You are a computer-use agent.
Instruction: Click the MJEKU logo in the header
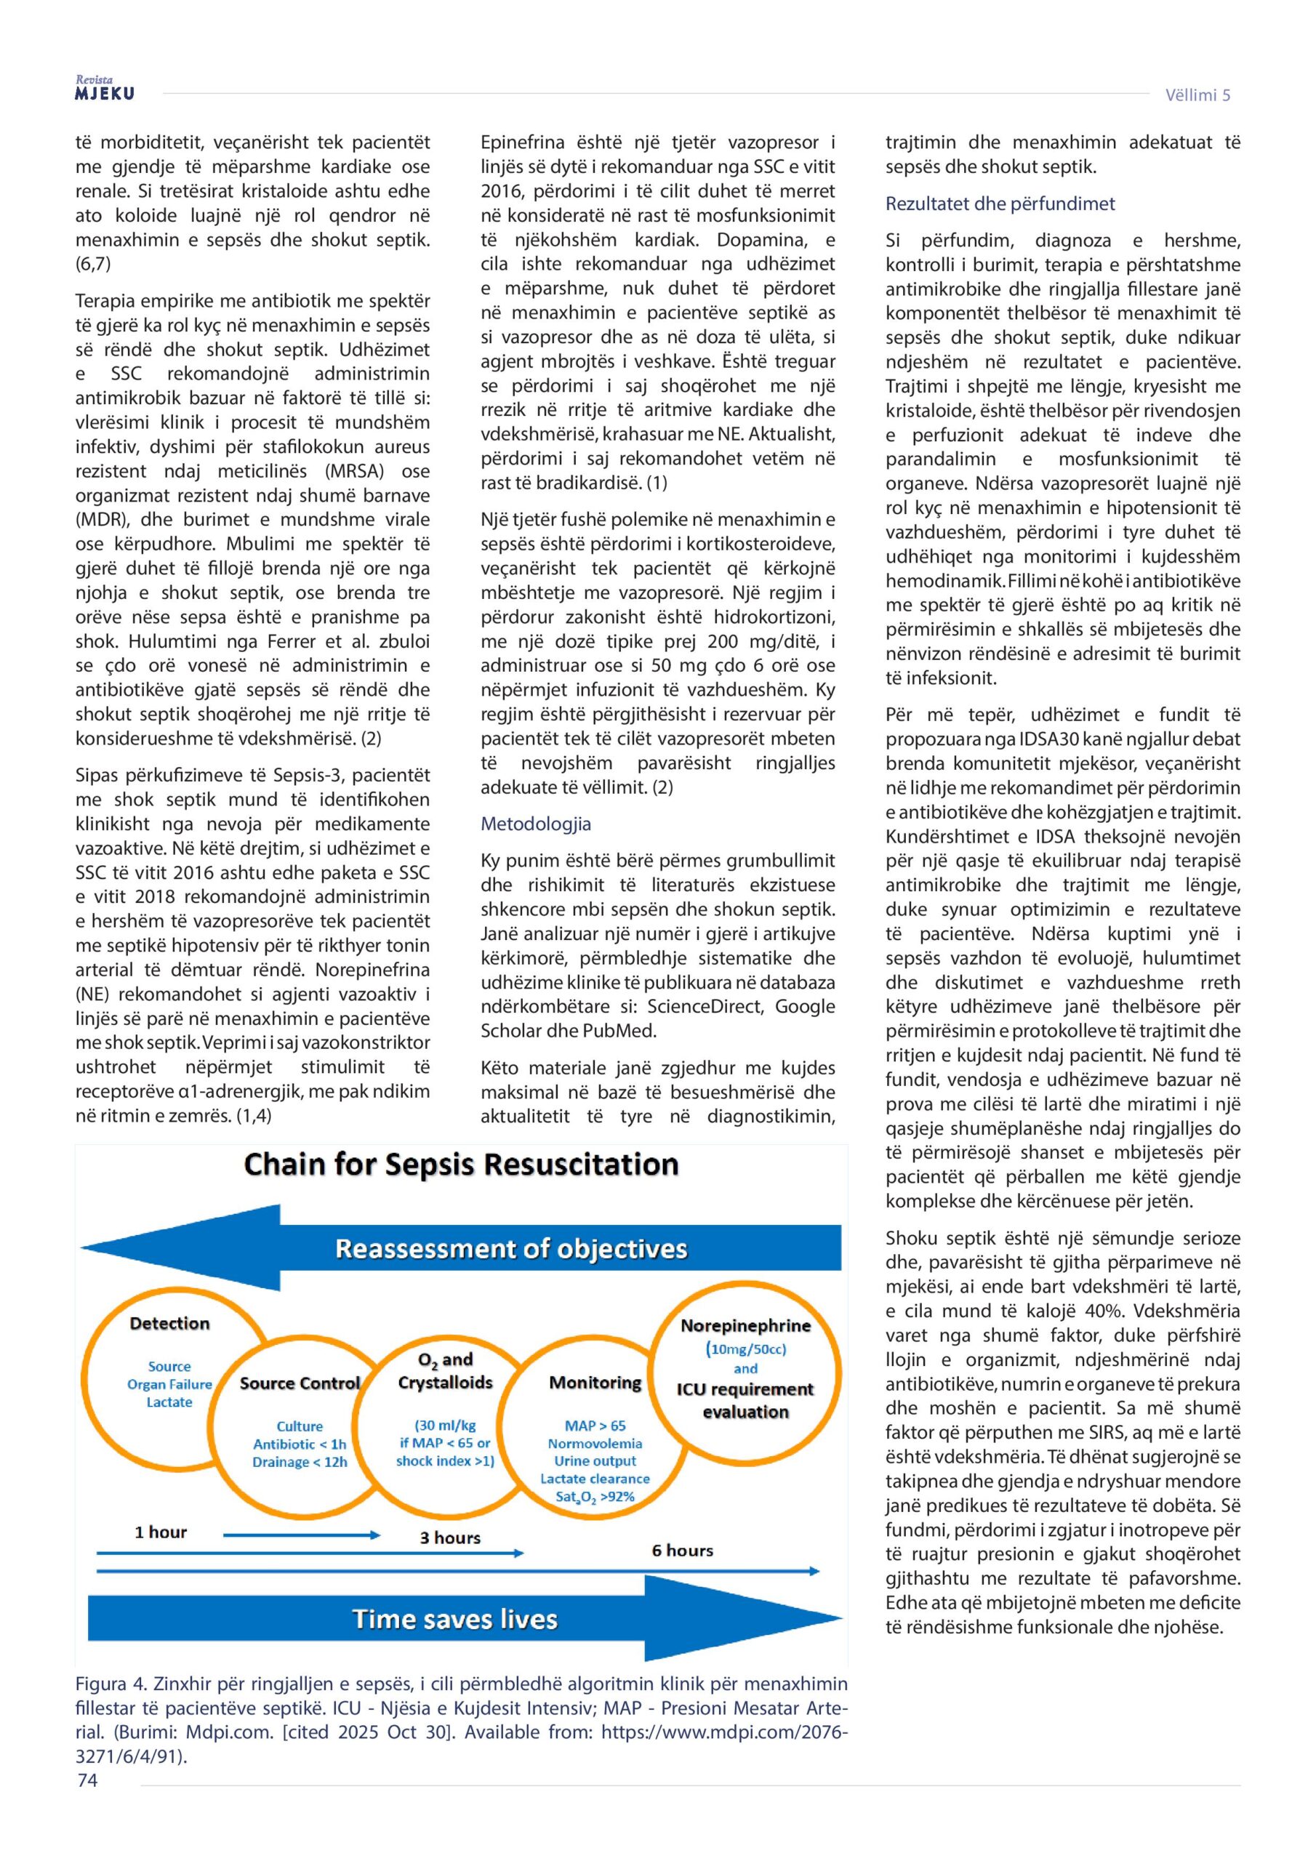coord(105,90)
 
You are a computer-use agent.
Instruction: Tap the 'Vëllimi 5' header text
coord(1197,95)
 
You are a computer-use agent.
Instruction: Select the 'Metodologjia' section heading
coord(535,824)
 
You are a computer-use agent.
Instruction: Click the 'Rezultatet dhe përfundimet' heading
coord(1000,204)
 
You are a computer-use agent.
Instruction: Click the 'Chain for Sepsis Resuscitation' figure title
coord(460,1164)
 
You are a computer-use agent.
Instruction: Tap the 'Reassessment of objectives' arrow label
coord(511,1248)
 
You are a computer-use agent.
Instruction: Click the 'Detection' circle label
coord(169,1323)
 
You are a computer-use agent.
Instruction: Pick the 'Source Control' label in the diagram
coord(300,1383)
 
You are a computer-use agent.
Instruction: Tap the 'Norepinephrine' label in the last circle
coord(745,1325)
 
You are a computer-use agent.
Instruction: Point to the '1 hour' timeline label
coord(161,1532)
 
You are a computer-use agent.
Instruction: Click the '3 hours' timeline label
coord(450,1538)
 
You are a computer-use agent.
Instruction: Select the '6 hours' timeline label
coord(682,1550)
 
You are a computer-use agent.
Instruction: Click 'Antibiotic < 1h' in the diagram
coord(300,1444)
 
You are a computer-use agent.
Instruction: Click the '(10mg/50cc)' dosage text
coord(745,1348)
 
